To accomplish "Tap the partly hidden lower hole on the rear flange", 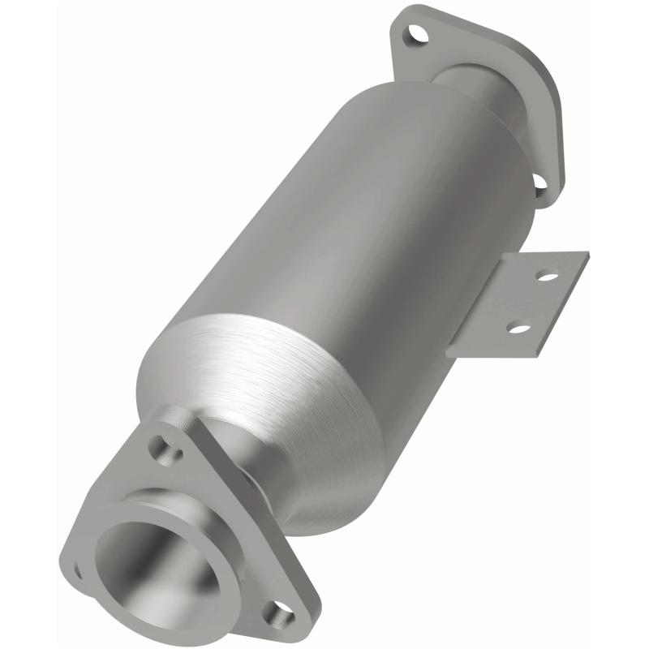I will pyautogui.click(x=539, y=184).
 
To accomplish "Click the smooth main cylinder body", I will pyautogui.click(x=349, y=219).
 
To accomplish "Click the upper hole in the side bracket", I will pyautogui.click(x=548, y=277).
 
